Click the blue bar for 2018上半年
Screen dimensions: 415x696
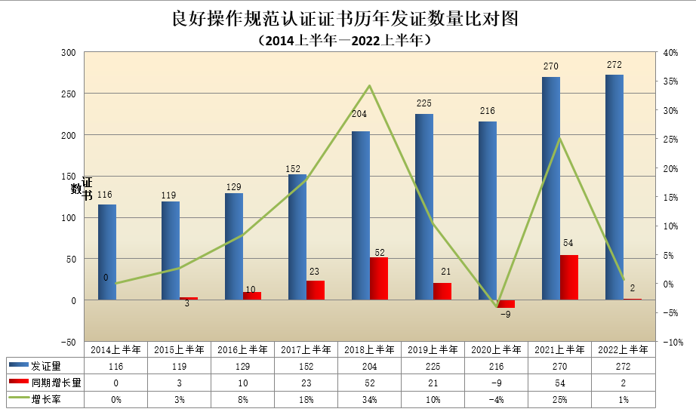pos(361,216)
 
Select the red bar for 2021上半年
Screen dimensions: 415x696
pos(569,278)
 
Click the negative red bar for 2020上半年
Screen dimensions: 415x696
pos(506,303)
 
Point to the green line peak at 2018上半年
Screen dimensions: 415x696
pos(369,85)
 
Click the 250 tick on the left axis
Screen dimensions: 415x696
pos(69,94)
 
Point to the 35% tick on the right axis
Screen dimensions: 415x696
pos(670,81)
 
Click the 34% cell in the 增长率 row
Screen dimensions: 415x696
pos(369,399)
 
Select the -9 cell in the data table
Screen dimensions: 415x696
pos(496,383)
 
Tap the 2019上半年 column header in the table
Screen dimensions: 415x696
pos(433,349)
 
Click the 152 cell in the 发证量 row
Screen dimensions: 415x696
pos(306,366)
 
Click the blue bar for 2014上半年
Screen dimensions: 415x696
pos(107,252)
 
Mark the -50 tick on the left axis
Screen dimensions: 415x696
pos(69,342)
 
